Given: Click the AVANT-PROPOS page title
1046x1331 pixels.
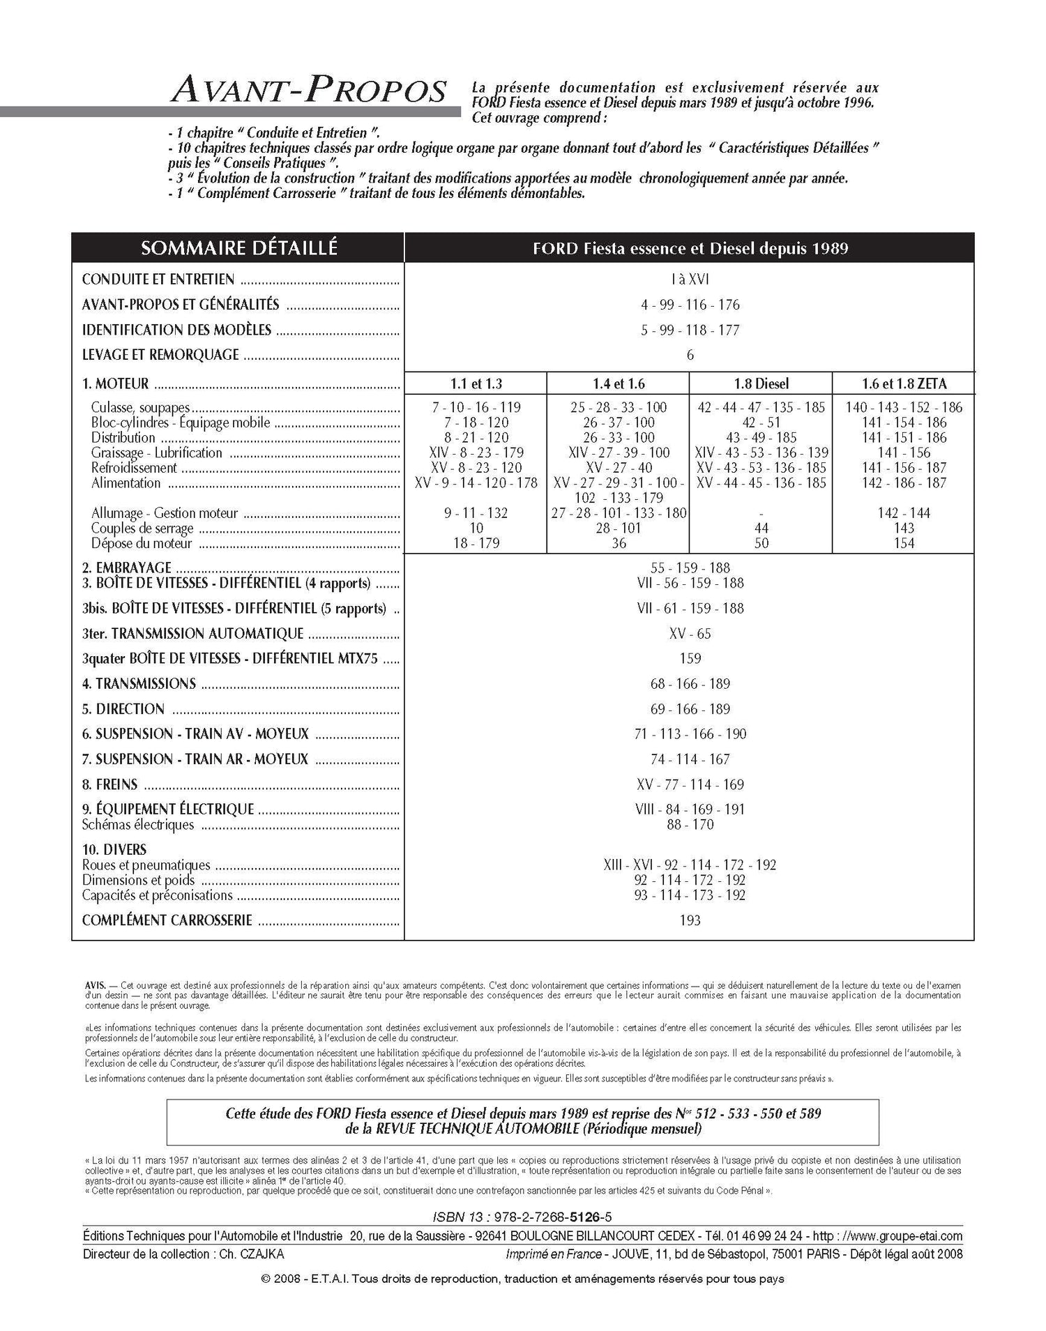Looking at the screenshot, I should coord(308,91).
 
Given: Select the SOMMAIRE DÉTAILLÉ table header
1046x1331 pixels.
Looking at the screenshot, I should coord(238,248).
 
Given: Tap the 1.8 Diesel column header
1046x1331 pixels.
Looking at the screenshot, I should coord(761,383).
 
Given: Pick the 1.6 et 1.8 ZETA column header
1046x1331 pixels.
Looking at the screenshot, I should coord(903,383).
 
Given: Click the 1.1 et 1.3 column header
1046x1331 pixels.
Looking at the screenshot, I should coord(476,383).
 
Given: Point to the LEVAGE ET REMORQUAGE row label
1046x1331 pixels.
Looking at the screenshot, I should coord(160,355).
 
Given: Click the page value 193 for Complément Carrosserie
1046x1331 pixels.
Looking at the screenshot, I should coord(690,920).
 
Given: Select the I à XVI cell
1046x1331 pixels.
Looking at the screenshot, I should coord(690,280).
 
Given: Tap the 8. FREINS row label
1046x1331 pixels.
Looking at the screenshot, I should coord(109,784).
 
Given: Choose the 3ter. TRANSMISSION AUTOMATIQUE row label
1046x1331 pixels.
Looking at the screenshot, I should coord(192,634).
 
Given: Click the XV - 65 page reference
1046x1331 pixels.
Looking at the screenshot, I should coord(690,634).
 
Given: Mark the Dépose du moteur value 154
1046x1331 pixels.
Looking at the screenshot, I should coord(904,543).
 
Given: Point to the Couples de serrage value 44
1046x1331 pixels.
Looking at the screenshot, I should coord(761,528).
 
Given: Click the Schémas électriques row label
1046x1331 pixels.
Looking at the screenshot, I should coord(138,825).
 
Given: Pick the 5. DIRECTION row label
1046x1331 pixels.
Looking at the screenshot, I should coord(123,709).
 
